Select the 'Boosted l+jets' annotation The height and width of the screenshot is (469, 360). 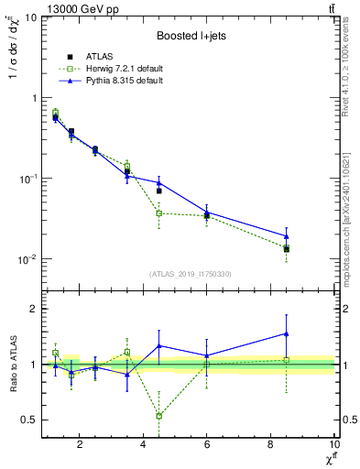[x=190, y=36]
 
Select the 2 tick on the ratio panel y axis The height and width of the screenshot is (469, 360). [x=33, y=309]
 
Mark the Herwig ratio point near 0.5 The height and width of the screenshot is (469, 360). [x=159, y=416]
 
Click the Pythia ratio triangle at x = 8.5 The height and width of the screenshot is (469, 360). [x=287, y=334]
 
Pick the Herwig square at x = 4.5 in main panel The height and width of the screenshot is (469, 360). [x=159, y=213]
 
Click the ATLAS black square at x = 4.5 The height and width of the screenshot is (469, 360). [x=159, y=191]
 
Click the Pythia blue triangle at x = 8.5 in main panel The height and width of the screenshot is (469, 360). [x=287, y=236]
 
